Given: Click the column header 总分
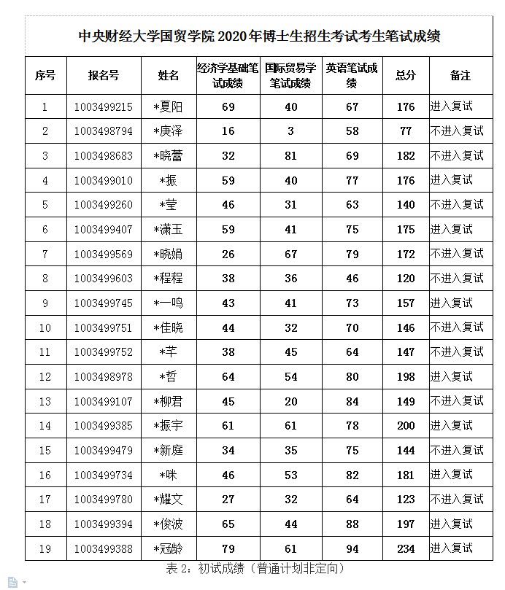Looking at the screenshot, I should (406, 75).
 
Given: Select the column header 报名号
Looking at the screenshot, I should (103, 75).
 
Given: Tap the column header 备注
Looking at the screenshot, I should (460, 75).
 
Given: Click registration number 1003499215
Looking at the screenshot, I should (103, 106).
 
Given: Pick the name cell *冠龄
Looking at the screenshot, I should (169, 548).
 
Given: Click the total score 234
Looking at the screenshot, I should (406, 548).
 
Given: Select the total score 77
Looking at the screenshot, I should (406, 131).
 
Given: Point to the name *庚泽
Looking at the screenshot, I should (169, 131).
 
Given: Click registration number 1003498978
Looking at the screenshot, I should (103, 377).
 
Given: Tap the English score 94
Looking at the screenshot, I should (352, 548).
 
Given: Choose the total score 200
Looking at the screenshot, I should (406, 426).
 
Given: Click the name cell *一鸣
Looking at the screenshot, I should (169, 303).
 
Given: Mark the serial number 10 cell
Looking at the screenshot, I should (45, 327).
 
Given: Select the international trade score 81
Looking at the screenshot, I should (291, 156).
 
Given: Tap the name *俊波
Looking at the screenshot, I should (169, 524).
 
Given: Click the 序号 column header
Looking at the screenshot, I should (45, 75).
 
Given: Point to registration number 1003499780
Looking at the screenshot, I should (103, 500).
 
